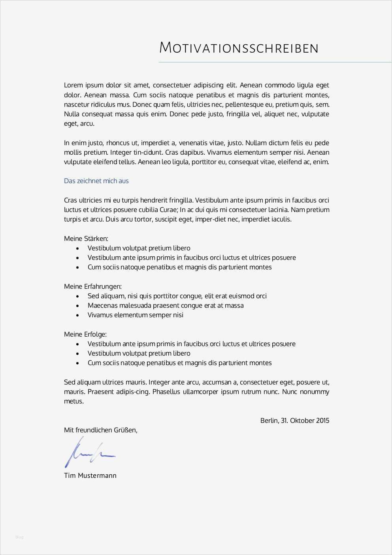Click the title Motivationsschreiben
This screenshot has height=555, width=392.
239,48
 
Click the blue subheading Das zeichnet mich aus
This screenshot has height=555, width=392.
96,181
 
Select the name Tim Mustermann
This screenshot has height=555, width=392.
90,475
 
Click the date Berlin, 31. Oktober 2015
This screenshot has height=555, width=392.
294,421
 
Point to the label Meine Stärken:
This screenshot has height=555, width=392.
86,239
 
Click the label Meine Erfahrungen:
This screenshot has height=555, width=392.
92,286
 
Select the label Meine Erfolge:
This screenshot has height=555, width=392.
85,334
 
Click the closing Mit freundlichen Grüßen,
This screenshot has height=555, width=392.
100,430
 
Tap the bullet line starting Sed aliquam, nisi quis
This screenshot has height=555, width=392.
177,296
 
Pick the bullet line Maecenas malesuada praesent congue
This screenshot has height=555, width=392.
165,305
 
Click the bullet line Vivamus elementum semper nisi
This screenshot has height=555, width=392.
135,315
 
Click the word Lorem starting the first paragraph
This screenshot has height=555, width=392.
73,85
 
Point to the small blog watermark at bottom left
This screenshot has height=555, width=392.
19,537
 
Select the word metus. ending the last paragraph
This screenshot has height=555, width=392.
74,401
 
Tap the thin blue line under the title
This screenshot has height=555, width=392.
275,62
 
